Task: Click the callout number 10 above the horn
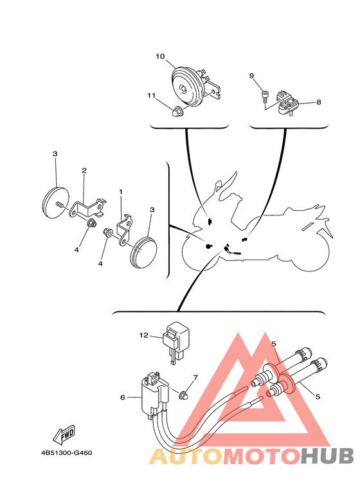click(x=160, y=57)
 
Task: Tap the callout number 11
click(x=151, y=95)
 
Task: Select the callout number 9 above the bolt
click(x=251, y=76)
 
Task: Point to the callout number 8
click(x=318, y=102)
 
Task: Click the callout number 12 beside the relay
click(x=143, y=335)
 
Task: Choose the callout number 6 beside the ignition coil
click(x=123, y=397)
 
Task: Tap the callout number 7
click(x=195, y=377)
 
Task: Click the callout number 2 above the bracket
click(x=84, y=170)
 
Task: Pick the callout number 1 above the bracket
click(x=120, y=192)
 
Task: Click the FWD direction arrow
click(x=64, y=434)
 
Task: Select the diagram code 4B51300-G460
click(x=67, y=453)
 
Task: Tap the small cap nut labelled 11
click(x=175, y=113)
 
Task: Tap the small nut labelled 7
click(x=183, y=395)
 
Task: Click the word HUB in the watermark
click(x=327, y=456)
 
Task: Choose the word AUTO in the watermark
click(x=186, y=456)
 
